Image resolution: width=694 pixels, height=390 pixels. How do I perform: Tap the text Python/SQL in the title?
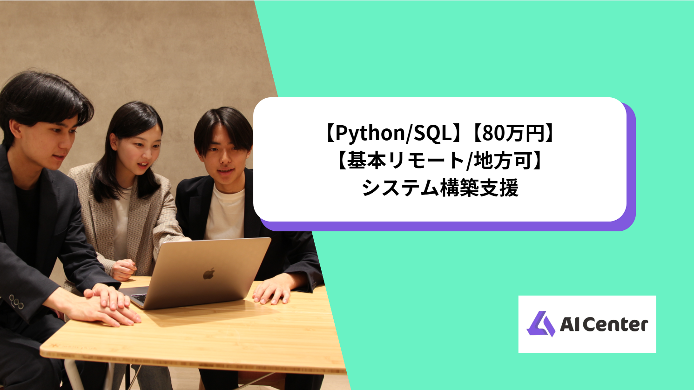click(394, 134)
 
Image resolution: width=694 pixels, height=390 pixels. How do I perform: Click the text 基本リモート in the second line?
click(404, 161)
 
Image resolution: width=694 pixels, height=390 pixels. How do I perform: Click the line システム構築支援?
click(440, 188)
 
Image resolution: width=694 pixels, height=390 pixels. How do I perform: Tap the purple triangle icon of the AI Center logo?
click(540, 324)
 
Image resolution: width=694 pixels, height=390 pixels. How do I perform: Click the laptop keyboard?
click(139, 297)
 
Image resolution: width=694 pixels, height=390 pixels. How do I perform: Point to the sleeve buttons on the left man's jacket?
click(16, 303)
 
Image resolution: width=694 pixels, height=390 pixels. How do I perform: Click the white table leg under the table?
click(74, 375)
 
